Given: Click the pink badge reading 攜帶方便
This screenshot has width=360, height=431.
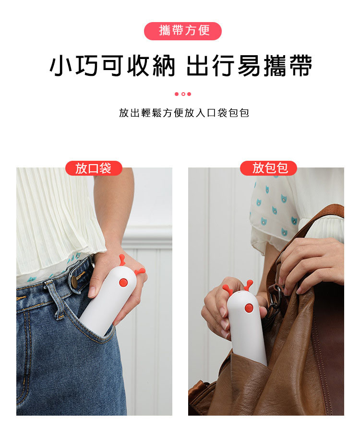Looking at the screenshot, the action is tap(183, 31).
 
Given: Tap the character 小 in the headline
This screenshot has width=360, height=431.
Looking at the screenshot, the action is tap(61, 65).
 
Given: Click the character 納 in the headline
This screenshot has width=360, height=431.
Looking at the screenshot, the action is tap(164, 65).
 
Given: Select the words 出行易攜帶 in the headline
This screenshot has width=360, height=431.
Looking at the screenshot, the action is tap(250, 65).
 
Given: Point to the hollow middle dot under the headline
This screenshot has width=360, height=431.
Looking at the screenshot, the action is tap(183, 94).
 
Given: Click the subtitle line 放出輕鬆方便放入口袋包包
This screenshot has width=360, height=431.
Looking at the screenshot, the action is tap(184, 113).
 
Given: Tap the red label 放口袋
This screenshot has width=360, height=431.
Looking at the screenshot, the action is tap(94, 168).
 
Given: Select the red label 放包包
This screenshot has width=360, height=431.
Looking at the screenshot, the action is tap(268, 168).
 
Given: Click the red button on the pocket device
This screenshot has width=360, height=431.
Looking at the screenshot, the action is tap(123, 282).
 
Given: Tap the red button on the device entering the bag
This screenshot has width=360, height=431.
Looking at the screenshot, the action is tap(249, 308).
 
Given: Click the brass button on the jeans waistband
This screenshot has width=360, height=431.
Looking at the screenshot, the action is tap(74, 280).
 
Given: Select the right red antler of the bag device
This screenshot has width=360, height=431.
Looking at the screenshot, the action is tap(249, 285).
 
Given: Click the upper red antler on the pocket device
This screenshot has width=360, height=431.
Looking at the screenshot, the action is tap(122, 260).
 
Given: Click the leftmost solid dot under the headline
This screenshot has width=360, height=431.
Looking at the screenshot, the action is tap(177, 94).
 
